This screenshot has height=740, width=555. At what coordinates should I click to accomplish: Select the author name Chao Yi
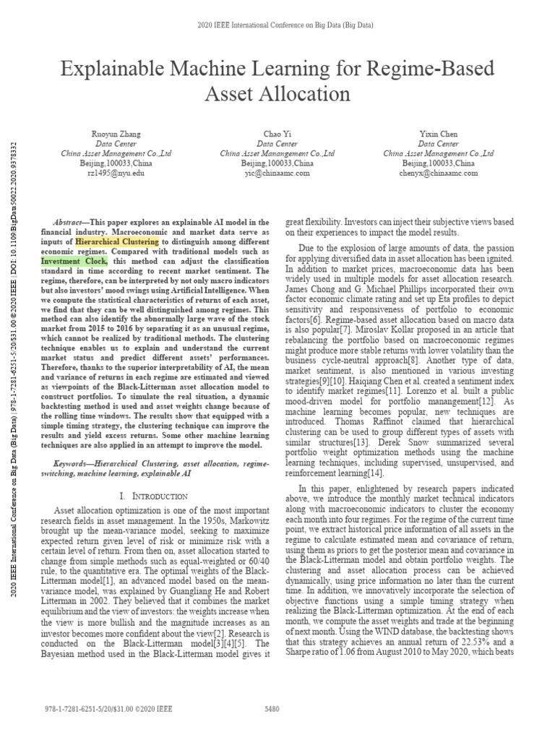[x=277, y=134]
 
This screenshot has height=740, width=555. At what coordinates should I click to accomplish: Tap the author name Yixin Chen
[x=439, y=134]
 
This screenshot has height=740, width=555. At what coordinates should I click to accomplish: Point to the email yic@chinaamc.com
[x=277, y=173]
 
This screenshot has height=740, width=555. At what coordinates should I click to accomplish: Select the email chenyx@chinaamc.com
[x=439, y=173]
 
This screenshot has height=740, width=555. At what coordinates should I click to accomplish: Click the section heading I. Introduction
[x=155, y=496]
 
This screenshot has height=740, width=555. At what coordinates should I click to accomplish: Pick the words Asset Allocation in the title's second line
[x=277, y=94]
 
